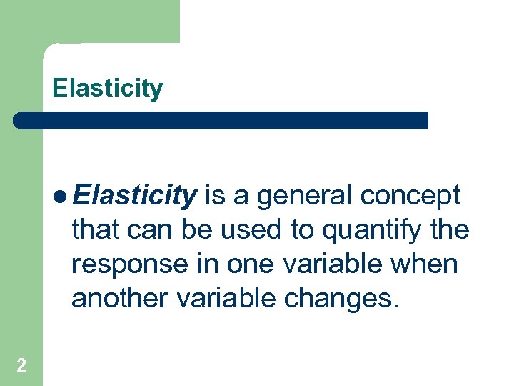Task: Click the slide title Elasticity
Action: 107,89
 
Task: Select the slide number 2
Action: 21,366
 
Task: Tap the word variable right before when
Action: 333,264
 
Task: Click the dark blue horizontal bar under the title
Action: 221,120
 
